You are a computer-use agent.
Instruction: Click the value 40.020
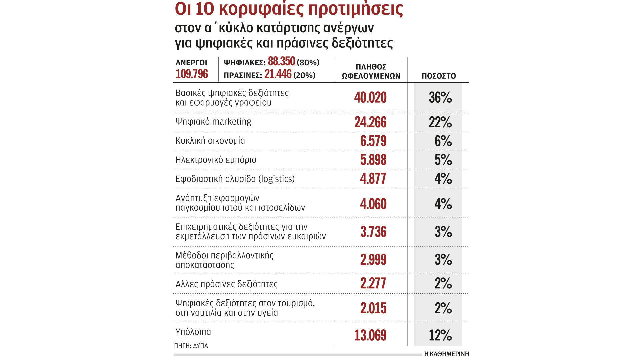coord(370,97)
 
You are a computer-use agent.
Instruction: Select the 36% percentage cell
coord(440,97)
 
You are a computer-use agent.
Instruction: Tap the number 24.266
coord(370,122)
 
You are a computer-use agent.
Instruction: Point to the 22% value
coord(440,122)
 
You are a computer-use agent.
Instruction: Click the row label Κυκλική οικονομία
coord(210,141)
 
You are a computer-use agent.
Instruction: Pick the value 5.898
coord(373,160)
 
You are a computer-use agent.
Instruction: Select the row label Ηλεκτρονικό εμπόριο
coord(216,160)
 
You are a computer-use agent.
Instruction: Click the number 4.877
coord(373,179)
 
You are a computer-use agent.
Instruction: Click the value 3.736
coord(373,232)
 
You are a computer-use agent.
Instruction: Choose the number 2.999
coord(373,259)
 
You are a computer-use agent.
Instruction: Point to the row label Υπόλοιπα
coord(193,332)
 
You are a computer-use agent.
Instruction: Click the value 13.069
coord(370,335)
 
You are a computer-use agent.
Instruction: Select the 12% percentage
coord(440,335)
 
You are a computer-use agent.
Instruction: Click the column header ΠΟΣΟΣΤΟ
coord(439,76)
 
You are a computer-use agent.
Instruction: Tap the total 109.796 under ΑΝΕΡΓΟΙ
coord(192,74)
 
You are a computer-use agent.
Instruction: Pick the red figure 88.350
coord(281,62)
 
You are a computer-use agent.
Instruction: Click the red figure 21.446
coord(278,74)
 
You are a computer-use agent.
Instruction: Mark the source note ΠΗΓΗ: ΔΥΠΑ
coord(191,346)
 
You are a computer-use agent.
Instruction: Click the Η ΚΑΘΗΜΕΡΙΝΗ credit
coord(446,354)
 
